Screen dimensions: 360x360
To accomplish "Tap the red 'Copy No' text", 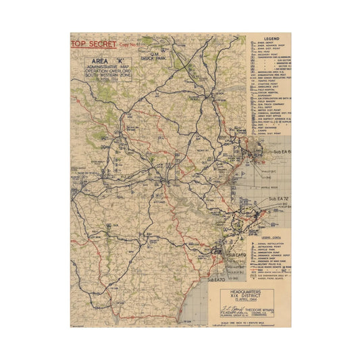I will tap(128, 45).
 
